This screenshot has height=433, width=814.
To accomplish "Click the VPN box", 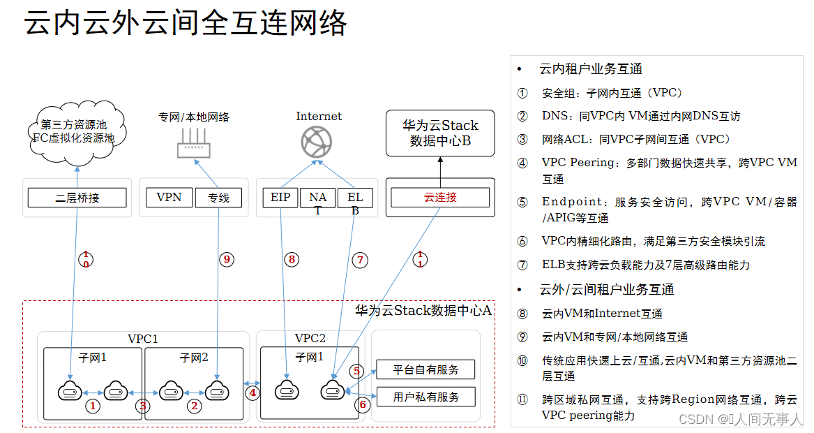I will pyautogui.click(x=169, y=198).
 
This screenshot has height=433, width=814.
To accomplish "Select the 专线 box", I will pyautogui.click(x=218, y=198).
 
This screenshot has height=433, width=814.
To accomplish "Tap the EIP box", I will pyautogui.click(x=280, y=198).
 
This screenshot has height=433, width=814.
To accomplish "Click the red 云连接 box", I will pyautogui.click(x=440, y=198).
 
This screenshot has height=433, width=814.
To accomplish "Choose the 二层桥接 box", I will pyautogui.click(x=77, y=198).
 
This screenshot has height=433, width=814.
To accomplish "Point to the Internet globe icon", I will pyautogui.click(x=316, y=142).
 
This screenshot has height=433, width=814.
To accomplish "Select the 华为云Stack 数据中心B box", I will pyautogui.click(x=440, y=133).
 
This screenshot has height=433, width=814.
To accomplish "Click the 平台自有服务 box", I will pyautogui.click(x=426, y=369).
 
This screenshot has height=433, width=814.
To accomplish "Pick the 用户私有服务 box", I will pyautogui.click(x=426, y=397).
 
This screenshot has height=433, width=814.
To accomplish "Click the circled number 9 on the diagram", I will pyautogui.click(x=226, y=259).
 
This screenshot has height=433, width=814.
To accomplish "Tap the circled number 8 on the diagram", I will pyautogui.click(x=291, y=259).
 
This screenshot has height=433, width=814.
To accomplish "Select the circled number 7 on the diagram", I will pyautogui.click(x=360, y=260).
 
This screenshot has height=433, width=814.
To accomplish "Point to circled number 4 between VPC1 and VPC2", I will pyautogui.click(x=253, y=392).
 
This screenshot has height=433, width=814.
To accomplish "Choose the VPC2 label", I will pyautogui.click(x=310, y=339).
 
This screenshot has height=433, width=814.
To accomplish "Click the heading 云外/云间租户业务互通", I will pyautogui.click(x=606, y=289).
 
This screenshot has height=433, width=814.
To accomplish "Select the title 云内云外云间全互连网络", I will pyautogui.click(x=186, y=24).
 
